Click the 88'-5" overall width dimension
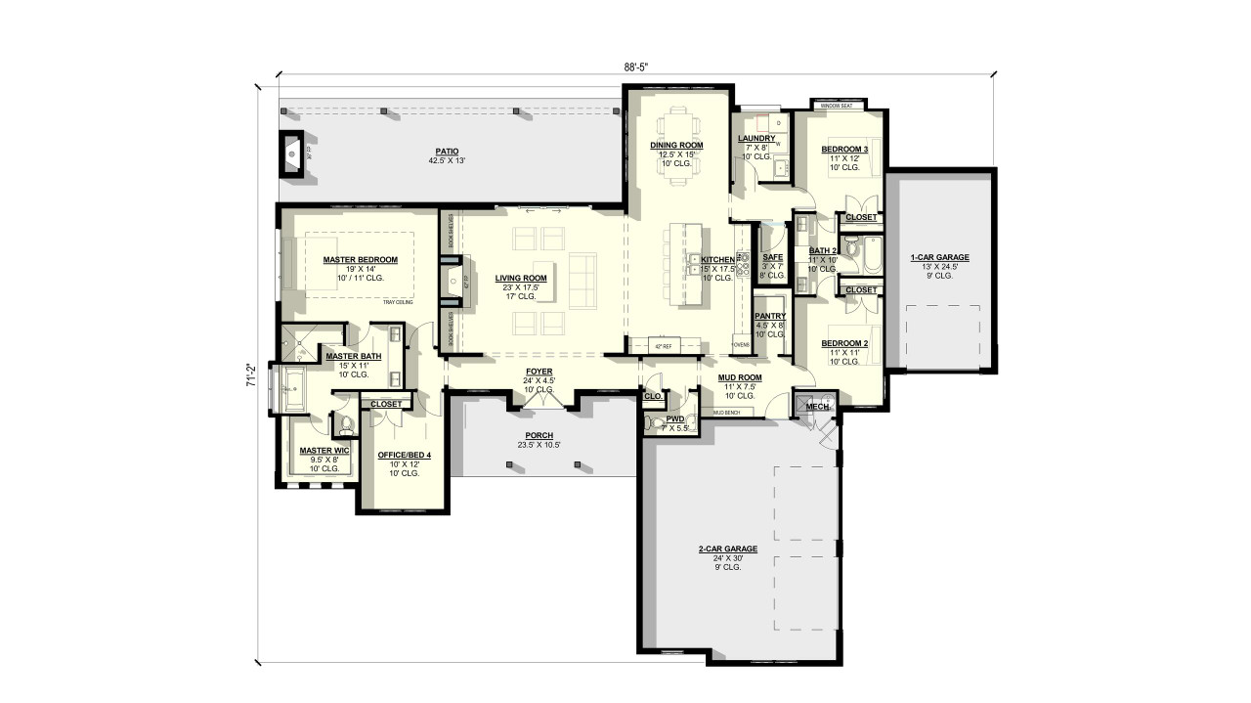pos(636,66)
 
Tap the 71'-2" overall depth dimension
pos(251,375)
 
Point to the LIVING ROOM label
pos(520,278)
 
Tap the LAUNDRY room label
pos(756,139)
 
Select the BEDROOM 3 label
pos(843,150)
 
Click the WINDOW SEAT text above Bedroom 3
pos(837,105)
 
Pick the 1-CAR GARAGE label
pos(939,257)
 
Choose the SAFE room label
pos(772,257)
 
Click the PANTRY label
pos(770,316)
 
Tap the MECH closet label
pos(817,407)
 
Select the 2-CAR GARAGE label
pos(728,549)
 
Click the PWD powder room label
pos(674,418)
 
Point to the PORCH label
pos(539,435)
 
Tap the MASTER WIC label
pos(318,450)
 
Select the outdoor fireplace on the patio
pos(292,153)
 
